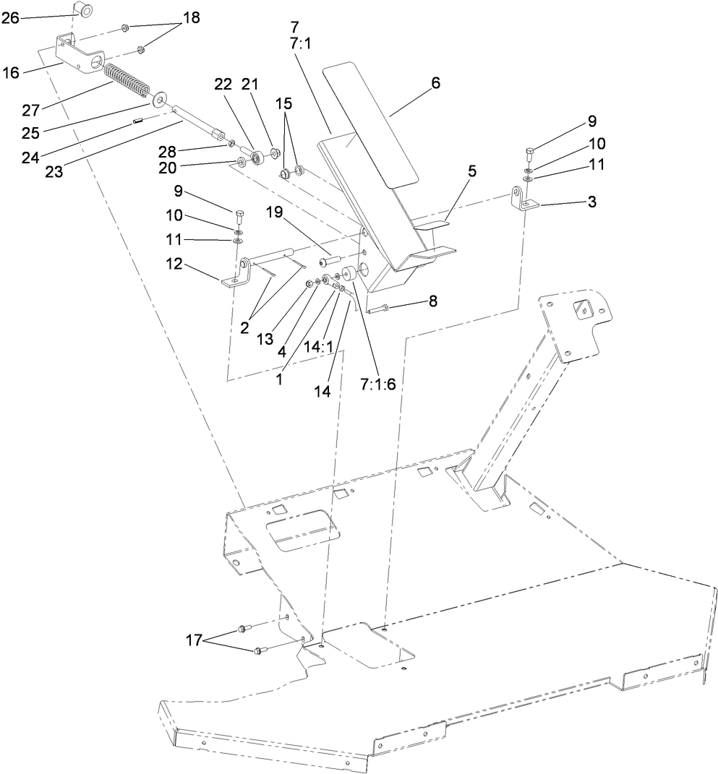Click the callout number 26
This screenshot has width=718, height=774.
[11, 18]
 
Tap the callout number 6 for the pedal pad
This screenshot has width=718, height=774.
[435, 83]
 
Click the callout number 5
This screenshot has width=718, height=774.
[452, 172]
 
